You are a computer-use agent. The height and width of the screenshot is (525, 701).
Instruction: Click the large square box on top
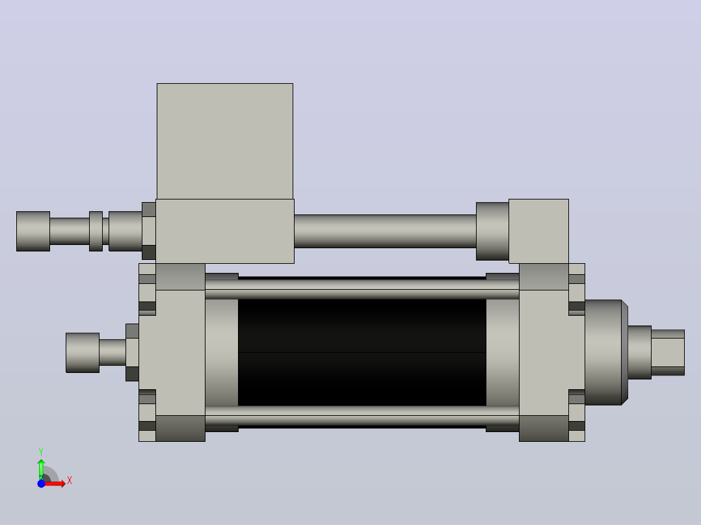click(x=225, y=141)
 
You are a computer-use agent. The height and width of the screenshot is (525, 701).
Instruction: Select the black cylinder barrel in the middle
click(x=362, y=353)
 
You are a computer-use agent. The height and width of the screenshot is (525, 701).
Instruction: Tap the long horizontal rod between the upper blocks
click(x=385, y=231)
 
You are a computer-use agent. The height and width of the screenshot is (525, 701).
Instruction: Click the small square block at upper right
click(x=538, y=231)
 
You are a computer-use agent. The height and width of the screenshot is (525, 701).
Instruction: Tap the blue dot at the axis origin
click(x=41, y=483)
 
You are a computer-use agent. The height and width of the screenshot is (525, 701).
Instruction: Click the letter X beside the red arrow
click(x=70, y=481)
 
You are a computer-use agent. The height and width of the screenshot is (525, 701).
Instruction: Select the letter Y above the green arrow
click(x=41, y=452)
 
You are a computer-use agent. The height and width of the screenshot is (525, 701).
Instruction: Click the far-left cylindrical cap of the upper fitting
click(x=33, y=231)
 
